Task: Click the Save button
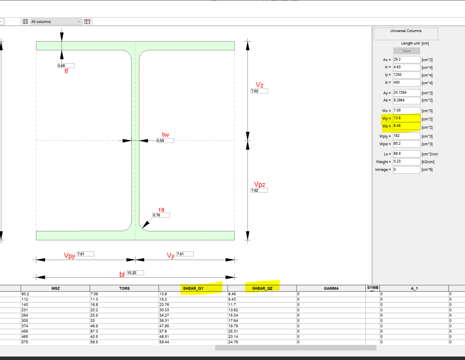406,51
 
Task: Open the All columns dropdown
56,21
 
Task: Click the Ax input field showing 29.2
406,59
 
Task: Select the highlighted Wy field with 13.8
406,118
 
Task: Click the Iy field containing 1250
406,75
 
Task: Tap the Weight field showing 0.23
406,161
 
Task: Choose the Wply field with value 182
406,136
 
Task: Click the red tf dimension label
66,71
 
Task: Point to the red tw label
165,135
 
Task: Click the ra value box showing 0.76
161,215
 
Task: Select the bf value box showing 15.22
135,273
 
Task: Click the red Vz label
259,85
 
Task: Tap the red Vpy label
69,256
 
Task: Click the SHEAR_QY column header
193,288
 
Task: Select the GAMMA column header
331,288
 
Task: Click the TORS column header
124,288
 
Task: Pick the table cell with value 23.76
165,305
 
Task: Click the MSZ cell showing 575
25,342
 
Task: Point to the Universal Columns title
406,31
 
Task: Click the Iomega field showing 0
406,170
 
